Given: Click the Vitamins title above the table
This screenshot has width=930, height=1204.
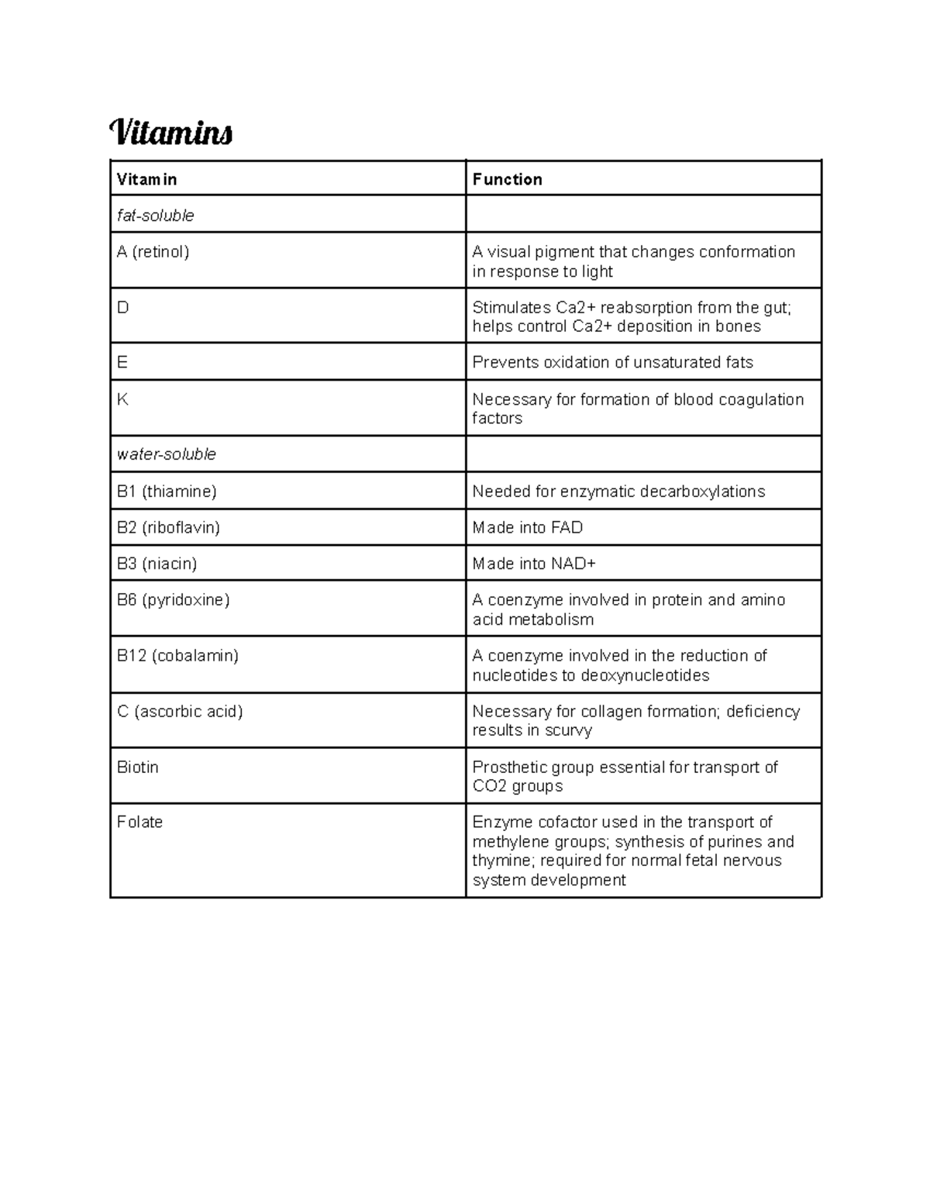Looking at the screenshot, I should pyautogui.click(x=171, y=133).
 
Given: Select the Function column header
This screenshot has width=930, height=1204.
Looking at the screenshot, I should pyautogui.click(x=507, y=179).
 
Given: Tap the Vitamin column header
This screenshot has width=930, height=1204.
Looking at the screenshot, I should pyautogui.click(x=146, y=179).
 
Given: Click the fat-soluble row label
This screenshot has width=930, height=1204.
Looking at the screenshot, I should pyautogui.click(x=155, y=216).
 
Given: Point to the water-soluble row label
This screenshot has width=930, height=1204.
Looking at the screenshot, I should pyautogui.click(x=166, y=454).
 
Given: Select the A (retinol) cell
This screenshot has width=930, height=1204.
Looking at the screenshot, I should pyautogui.click(x=153, y=252).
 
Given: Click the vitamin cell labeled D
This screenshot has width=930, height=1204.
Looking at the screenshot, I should pyautogui.click(x=122, y=308).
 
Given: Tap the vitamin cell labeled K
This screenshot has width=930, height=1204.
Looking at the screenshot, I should pyautogui.click(x=122, y=399).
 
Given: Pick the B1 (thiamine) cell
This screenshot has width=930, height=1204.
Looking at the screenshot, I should pyautogui.click(x=167, y=492).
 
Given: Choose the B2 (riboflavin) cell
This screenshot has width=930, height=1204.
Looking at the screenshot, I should pyautogui.click(x=168, y=528).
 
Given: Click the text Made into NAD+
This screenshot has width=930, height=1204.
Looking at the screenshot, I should pyautogui.click(x=534, y=564).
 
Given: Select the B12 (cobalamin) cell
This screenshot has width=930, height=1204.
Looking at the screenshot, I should pyautogui.click(x=177, y=656).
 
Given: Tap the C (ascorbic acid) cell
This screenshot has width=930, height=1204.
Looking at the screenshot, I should pyautogui.click(x=180, y=712).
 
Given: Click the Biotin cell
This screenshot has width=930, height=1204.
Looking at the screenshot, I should pyautogui.click(x=137, y=768).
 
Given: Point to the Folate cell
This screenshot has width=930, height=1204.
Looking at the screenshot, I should pyautogui.click(x=139, y=823).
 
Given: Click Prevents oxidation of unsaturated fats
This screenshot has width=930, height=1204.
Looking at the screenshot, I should pyautogui.click(x=612, y=363).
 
